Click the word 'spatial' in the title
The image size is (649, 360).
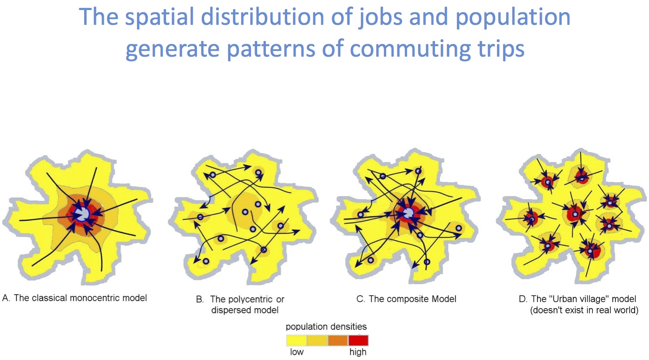pyautogui.click(x=160, y=17)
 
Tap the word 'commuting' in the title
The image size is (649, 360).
pyautogui.click(x=410, y=49)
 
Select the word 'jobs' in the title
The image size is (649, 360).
pyautogui.click(x=380, y=17)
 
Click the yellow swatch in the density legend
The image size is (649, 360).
pyautogui.click(x=296, y=340)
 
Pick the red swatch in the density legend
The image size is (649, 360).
pyautogui.click(x=358, y=340)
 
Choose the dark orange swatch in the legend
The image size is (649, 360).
pyautogui.click(x=337, y=340)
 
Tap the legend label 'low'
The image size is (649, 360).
pyautogui.click(x=297, y=352)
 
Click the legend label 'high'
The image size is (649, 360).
pyautogui.click(x=358, y=353)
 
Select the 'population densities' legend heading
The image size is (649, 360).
pyautogui.click(x=326, y=327)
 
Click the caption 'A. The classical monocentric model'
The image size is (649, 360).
pyautogui.click(x=75, y=298)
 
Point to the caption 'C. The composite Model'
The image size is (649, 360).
pyautogui.click(x=406, y=299)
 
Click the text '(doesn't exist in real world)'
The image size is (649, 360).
pyautogui.click(x=584, y=310)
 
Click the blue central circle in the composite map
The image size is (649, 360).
pyautogui.click(x=409, y=214)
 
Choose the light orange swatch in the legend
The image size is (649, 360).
pyautogui.click(x=317, y=340)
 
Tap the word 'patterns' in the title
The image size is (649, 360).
pyautogui.click(x=271, y=49)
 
